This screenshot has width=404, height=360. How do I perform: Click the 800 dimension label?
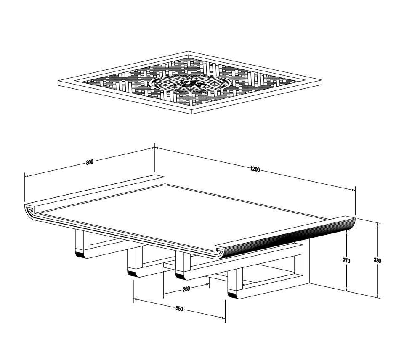89,162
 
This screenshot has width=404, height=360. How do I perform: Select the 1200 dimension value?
255,169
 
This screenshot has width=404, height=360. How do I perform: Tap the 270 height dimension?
346,261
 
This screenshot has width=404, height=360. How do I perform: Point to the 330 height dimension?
377,261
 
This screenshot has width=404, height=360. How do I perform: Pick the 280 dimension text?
186,289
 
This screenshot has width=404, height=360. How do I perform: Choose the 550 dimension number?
179,309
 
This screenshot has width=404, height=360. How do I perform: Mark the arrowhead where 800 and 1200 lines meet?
154,148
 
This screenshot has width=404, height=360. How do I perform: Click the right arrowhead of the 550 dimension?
223,318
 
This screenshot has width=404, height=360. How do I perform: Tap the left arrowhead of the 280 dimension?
166,293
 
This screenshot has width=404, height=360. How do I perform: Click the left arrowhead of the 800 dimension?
26,177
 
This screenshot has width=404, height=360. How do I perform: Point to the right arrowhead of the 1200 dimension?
353,190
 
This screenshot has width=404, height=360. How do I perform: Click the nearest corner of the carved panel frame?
191,114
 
